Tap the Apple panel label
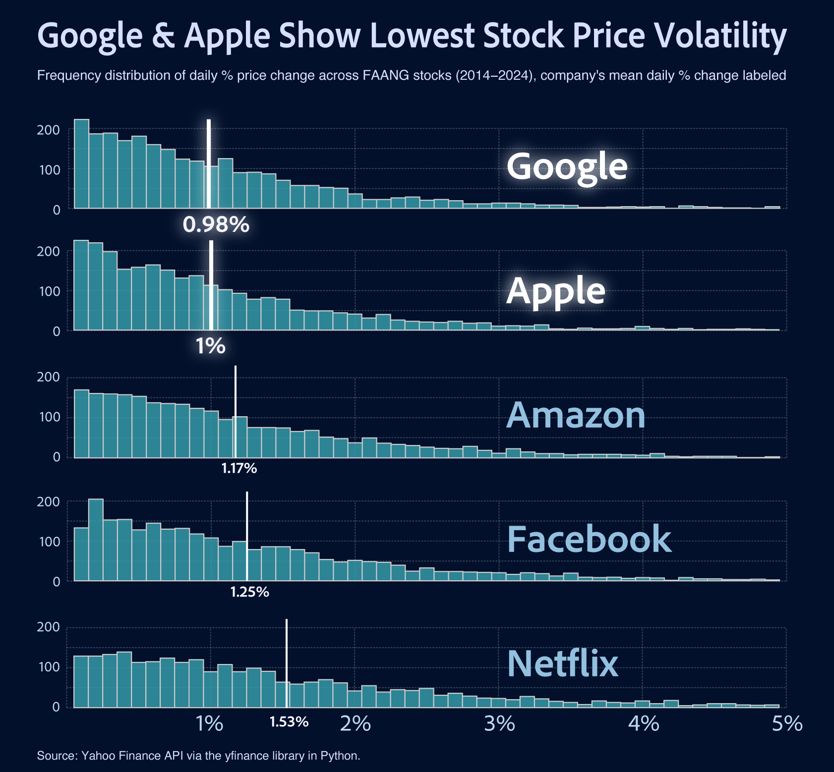tap(556, 291)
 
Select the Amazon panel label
tap(576, 415)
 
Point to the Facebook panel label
tap(589, 539)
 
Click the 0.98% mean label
tap(216, 225)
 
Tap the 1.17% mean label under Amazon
tap(239, 468)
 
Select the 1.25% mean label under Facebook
tap(250, 592)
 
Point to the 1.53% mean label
tap(289, 722)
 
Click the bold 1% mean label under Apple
tap(211, 346)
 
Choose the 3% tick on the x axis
tap(499, 724)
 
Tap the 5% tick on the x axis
tap(787, 724)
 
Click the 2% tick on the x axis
tap(356, 724)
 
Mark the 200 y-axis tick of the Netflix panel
tap(49, 627)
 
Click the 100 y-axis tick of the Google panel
tap(49, 170)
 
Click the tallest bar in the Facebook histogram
tap(96, 540)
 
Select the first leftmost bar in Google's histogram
tap(81, 164)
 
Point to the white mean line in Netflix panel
tap(287, 663)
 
